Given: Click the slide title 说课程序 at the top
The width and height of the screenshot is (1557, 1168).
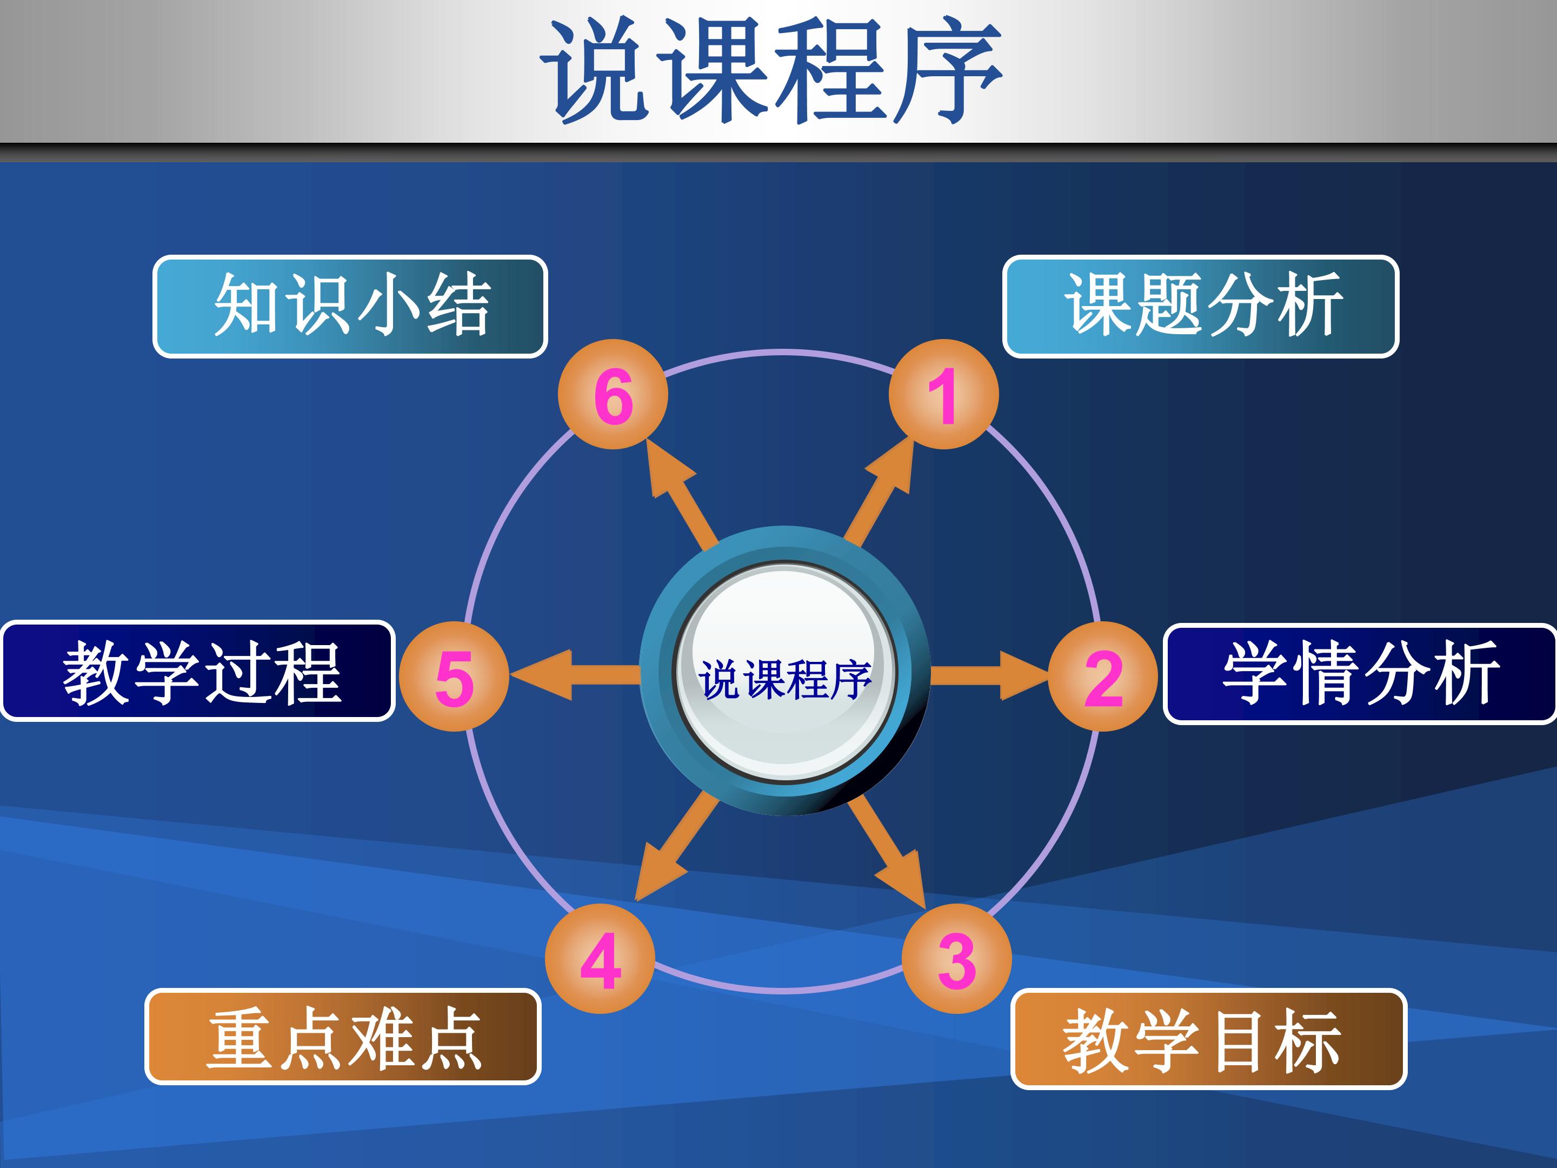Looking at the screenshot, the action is pos(771,70).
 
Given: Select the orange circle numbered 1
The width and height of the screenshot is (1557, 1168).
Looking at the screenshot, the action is pos(943,394).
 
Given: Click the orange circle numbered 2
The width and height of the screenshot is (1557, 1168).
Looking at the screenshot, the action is pos(1103,676).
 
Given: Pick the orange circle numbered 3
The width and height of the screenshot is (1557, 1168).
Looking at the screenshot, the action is pos(956,958).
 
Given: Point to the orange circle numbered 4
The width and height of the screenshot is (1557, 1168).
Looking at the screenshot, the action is pos(600,958).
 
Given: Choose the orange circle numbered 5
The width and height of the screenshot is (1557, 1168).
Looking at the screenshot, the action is pos(454,676).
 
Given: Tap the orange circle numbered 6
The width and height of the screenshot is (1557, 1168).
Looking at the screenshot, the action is pos(613,394).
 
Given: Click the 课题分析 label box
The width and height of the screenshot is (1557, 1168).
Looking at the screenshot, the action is pos(1201,306).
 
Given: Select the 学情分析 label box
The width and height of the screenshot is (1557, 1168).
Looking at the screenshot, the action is pos(1360,674).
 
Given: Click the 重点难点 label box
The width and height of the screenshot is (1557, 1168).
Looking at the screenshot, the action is pos(343,1037).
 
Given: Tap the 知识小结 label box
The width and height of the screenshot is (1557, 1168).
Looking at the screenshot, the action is pos(350,306).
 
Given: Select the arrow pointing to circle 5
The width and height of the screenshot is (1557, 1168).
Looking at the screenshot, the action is pos(576,674).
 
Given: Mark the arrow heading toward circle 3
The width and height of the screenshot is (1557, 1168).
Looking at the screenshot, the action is pos(887,852).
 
